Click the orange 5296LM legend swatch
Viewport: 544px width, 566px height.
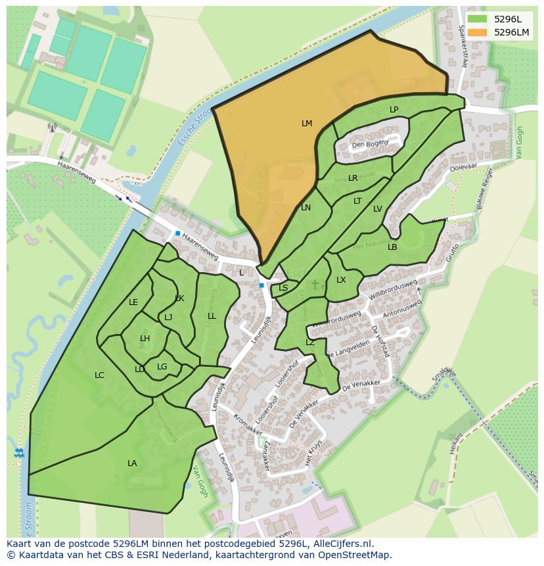point(477,32)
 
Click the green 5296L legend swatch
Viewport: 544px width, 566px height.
point(477,19)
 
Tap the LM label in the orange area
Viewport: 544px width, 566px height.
point(307,124)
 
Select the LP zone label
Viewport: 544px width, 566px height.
point(394,110)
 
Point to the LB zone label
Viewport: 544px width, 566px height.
point(392,247)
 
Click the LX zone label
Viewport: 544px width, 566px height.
point(341,280)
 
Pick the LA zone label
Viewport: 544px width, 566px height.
point(132,463)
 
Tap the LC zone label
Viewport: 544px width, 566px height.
point(99,375)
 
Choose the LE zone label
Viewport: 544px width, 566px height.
point(133,302)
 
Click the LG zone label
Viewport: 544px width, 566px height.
point(162,367)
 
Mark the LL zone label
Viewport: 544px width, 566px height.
point(212,316)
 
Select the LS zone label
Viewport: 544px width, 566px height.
point(283,288)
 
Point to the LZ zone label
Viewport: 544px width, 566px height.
point(310,342)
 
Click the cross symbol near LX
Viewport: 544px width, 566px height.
point(315,284)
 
